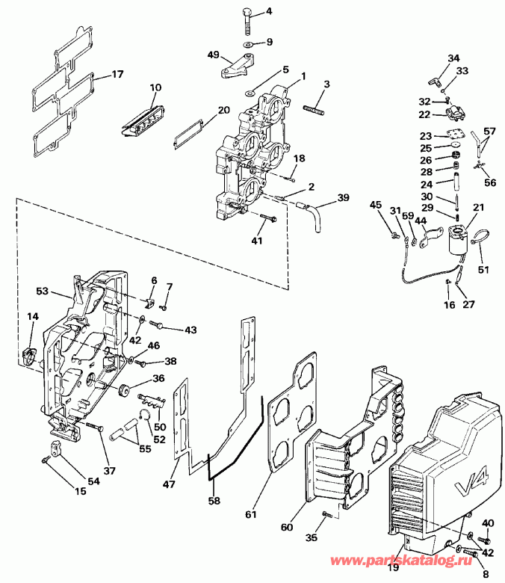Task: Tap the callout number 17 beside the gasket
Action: (x=117, y=75)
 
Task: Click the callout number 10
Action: (x=155, y=87)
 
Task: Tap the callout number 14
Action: (x=32, y=317)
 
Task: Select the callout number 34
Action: (x=454, y=58)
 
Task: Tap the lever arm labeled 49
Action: (x=232, y=67)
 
